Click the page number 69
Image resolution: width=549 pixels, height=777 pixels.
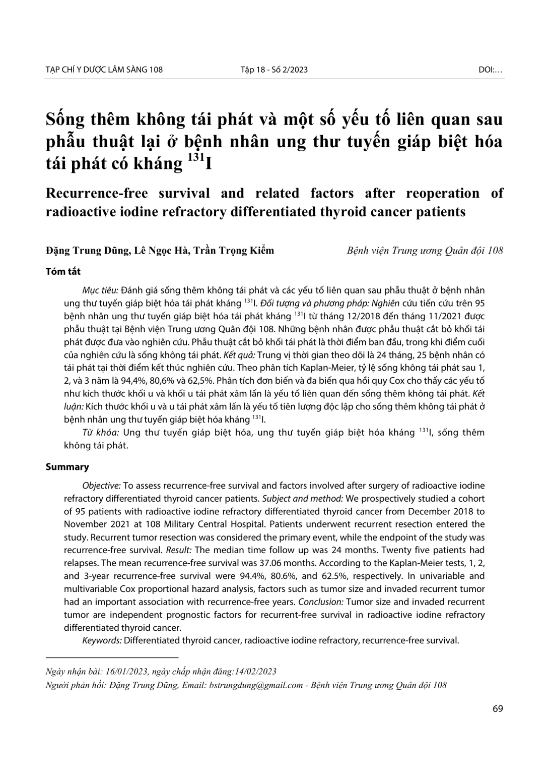coord(498,708)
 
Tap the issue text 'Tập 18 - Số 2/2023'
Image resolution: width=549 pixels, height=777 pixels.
coord(274,70)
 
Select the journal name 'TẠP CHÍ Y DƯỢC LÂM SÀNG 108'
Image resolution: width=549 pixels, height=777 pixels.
coord(104,70)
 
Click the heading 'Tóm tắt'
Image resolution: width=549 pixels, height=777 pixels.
coord(63,271)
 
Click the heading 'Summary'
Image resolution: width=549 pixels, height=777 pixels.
coord(67,467)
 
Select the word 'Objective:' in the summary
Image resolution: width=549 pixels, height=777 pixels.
coord(101,486)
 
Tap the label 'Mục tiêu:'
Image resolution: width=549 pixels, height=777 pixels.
coord(100,290)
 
